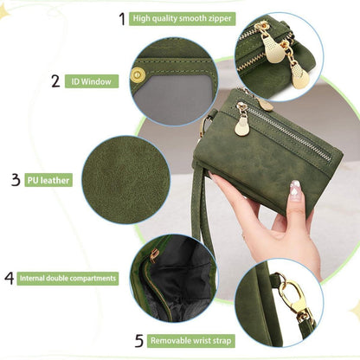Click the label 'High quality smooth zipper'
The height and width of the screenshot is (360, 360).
pos(182,19)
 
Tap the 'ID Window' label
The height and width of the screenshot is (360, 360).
pos(92,81)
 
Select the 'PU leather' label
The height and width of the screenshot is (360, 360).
pos(48,180)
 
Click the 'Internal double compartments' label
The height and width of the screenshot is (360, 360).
pos(67,279)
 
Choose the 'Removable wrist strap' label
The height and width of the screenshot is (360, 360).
pos(190,341)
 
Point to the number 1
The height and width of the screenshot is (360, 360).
pos(122,19)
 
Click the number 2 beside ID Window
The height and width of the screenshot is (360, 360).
pos(55,81)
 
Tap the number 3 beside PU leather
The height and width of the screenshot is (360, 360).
pos(16,180)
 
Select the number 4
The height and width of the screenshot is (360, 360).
pos(10,278)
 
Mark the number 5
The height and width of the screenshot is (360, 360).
pos(139,340)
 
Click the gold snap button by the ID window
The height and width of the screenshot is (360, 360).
pos(138,75)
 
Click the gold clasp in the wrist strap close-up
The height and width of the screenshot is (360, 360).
pos(291,296)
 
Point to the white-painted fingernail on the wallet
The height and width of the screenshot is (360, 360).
pos(295,190)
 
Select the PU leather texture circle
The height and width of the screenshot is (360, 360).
pos(126,180)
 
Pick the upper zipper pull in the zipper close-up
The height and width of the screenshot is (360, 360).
pos(272,43)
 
